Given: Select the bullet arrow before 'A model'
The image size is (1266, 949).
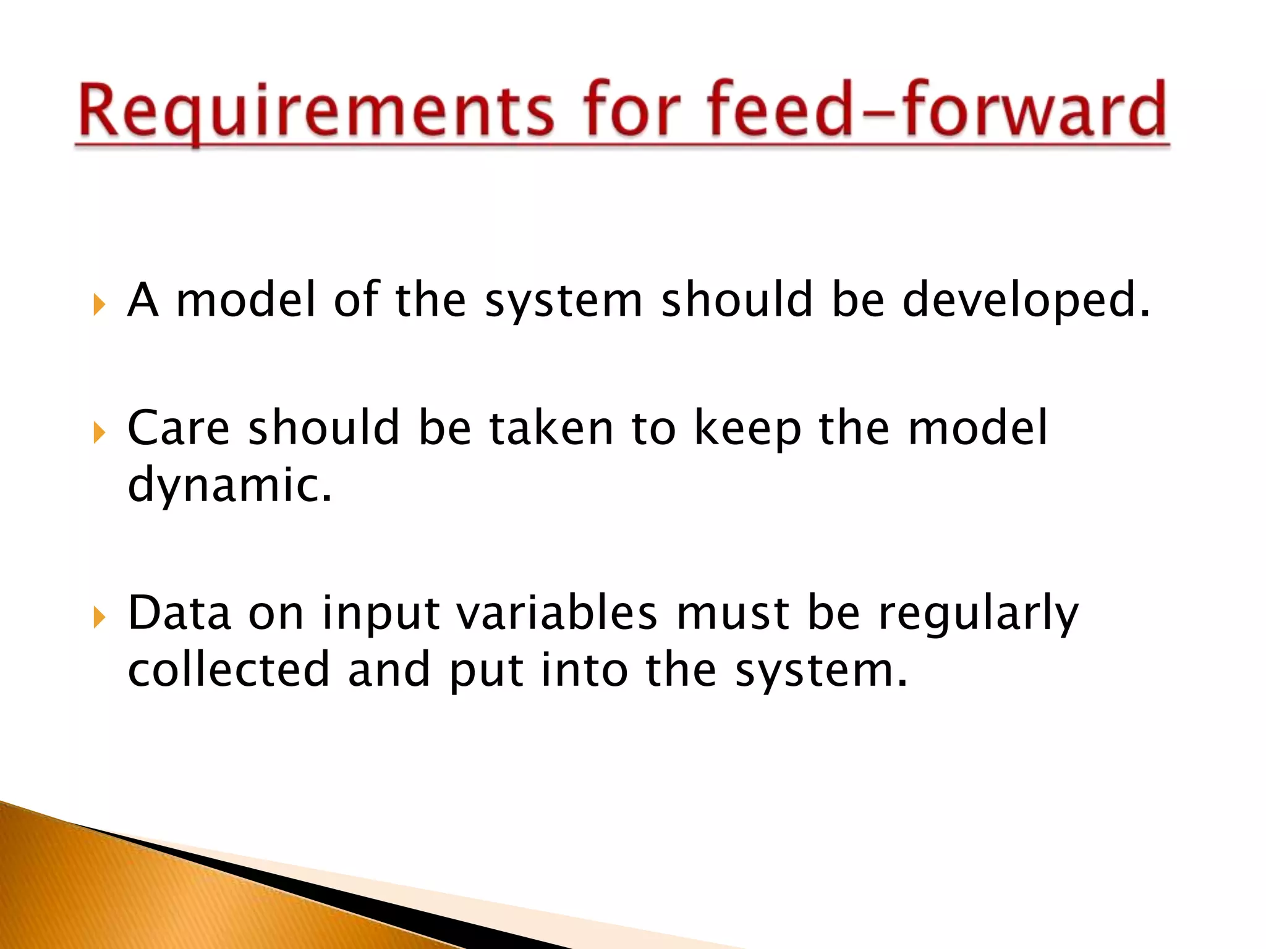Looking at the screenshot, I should (99, 305).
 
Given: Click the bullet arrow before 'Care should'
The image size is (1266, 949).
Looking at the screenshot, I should (99, 432).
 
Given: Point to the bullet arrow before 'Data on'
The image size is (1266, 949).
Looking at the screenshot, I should (99, 617).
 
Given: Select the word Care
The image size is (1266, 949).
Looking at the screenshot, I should (179, 428).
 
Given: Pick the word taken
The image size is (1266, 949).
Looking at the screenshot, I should (551, 428).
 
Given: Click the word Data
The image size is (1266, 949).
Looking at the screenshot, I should (179, 613).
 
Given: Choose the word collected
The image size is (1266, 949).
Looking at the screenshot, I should (229, 670).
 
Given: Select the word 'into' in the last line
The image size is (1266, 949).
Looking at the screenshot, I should (584, 670).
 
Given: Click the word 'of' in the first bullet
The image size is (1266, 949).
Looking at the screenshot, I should (356, 300).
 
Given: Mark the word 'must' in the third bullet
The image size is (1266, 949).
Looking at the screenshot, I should (733, 613).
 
